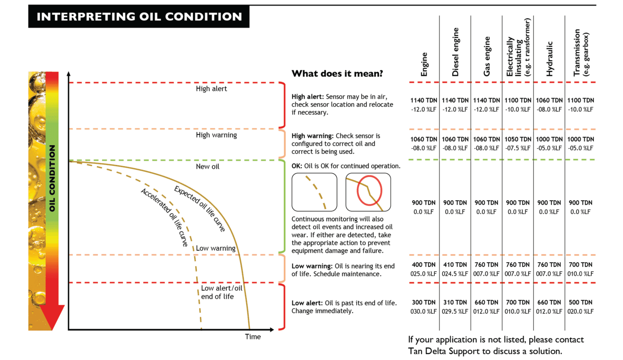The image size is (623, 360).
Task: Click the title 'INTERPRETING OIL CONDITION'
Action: [x=139, y=17]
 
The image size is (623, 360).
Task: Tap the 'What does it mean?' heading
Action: [x=337, y=73]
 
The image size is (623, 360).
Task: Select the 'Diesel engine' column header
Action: [x=455, y=52]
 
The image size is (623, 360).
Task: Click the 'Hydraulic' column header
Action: [x=550, y=59]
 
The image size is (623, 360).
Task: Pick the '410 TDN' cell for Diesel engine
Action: [x=455, y=265]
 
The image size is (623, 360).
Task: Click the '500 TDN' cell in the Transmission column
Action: [x=580, y=302]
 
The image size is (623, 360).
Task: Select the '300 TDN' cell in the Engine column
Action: [x=423, y=302]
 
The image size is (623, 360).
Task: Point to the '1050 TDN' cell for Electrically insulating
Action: [x=518, y=139]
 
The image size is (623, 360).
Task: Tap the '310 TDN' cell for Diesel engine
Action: [x=455, y=302]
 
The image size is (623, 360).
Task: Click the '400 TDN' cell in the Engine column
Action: [x=423, y=265]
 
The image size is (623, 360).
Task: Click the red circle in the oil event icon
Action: [x=369, y=190]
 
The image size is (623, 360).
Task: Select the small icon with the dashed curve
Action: [x=314, y=192]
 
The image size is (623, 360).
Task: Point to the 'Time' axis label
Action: [x=253, y=336]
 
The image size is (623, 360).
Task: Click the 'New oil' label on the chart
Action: [x=207, y=167]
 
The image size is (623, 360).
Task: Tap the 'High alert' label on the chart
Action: [x=211, y=89]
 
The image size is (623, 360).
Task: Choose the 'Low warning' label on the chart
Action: [x=215, y=248]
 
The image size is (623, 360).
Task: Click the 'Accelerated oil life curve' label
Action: [x=165, y=217]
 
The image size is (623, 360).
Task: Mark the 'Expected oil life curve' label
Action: [x=200, y=209]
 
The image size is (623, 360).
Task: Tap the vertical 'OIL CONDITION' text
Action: [x=52, y=178]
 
